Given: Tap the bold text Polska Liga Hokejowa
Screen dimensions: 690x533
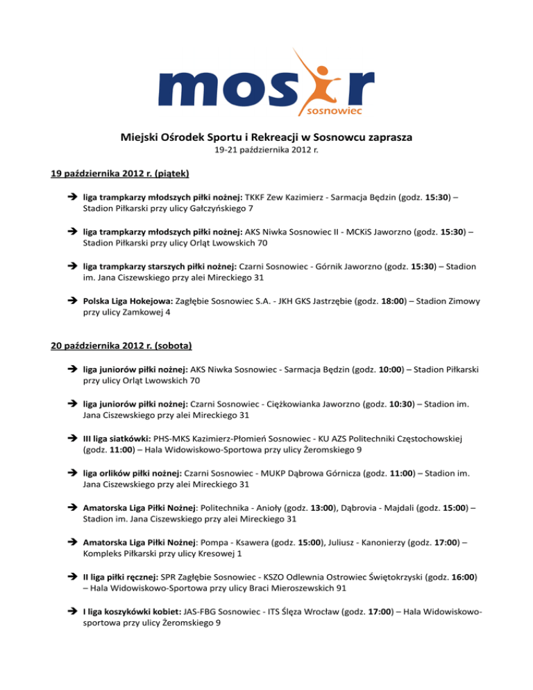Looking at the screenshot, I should [x=130, y=301].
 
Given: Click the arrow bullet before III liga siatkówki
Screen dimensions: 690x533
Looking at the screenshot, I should [x=74, y=438].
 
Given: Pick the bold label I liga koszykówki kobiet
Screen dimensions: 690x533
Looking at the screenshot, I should [x=132, y=609].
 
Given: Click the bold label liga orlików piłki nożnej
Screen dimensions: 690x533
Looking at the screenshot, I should [x=133, y=473].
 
